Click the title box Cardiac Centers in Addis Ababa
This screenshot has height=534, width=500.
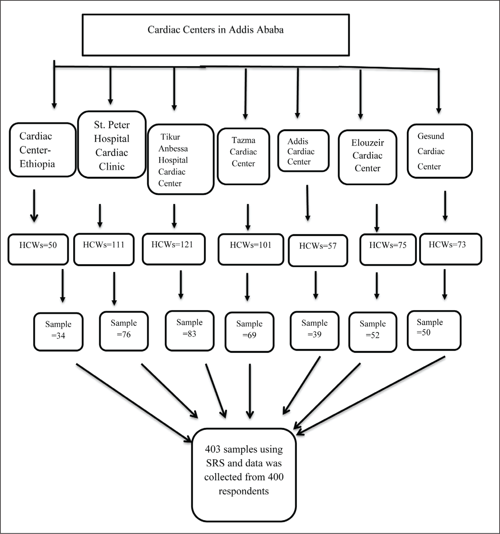click(216, 35)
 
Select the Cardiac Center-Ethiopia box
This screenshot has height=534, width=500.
click(43, 150)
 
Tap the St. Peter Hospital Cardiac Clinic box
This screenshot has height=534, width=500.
click(112, 145)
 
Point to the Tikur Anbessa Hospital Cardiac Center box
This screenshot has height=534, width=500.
click(181, 160)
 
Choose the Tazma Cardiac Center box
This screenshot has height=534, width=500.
click(243, 156)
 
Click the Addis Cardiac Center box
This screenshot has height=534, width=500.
click(303, 151)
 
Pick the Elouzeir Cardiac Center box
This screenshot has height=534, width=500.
click(367, 157)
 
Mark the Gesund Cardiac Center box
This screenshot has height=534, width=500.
click(439, 151)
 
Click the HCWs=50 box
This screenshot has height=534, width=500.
click(38, 250)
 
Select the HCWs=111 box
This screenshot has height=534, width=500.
click(104, 249)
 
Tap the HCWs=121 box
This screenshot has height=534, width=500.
click(173, 249)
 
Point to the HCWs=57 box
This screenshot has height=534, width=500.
click(318, 250)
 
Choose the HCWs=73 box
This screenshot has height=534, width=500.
click(450, 249)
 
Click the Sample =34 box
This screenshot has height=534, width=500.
click(58, 331)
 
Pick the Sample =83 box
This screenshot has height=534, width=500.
click(189, 330)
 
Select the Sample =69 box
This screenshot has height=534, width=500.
click(249, 332)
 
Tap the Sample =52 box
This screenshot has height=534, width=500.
click(373, 332)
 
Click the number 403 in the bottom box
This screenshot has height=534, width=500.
click(212, 449)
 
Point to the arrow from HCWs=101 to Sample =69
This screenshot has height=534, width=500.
click(247, 287)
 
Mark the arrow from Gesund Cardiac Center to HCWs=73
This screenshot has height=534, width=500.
click(445, 206)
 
